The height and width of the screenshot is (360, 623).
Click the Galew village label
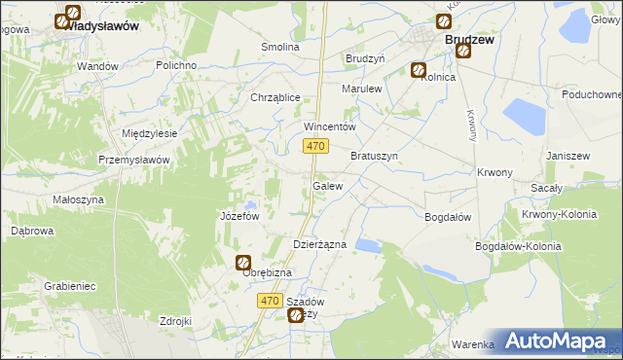[327, 186]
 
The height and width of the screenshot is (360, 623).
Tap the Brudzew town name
[465, 40]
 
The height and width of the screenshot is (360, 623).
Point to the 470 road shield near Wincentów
[313, 146]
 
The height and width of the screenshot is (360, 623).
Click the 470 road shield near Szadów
[272, 302]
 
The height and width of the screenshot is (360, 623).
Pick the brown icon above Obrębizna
[243, 262]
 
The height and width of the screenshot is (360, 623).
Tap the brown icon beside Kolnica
[418, 70]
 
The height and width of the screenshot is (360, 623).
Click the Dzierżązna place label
[320, 245]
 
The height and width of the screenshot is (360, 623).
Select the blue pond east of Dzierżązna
[368, 245]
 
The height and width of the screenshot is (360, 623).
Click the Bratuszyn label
[375, 156]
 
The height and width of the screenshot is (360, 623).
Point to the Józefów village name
[239, 216]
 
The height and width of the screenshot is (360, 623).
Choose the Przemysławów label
[134, 160]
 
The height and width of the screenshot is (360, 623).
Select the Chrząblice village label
[275, 97]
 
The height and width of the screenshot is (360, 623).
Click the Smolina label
[279, 47]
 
